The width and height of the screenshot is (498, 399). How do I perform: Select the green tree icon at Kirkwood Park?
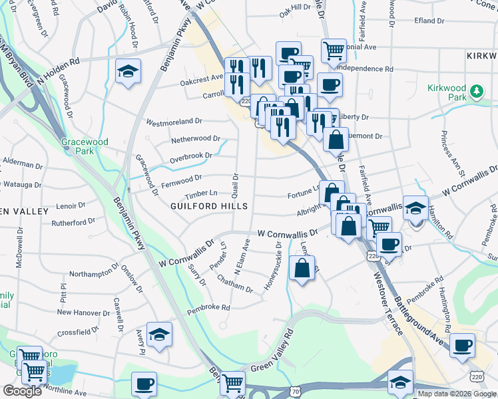(476, 91)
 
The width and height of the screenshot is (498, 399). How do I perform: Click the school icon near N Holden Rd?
(127, 71)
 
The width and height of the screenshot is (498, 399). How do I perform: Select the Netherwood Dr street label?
(195, 139)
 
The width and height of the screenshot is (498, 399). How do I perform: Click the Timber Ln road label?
(201, 194)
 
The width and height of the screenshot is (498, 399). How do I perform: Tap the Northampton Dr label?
(93, 273)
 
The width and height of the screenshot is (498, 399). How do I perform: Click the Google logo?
(22, 390)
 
